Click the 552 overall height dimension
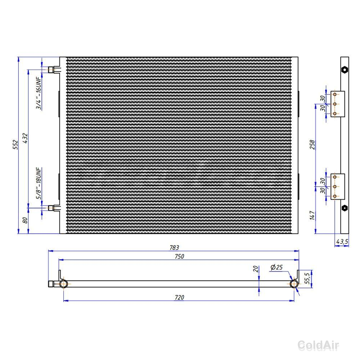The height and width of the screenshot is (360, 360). pyautogui.click(x=15, y=144)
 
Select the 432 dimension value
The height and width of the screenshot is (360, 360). pyautogui.click(x=25, y=138)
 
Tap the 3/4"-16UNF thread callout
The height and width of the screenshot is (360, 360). pyautogui.click(x=39, y=93)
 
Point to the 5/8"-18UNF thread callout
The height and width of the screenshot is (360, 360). pyautogui.click(x=39, y=183)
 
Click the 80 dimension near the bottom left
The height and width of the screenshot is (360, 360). pyautogui.click(x=25, y=220)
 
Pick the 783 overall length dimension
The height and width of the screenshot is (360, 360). pyautogui.click(x=174, y=248)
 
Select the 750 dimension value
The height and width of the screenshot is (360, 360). pyautogui.click(x=179, y=256)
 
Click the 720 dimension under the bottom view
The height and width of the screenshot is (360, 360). pyautogui.click(x=179, y=297)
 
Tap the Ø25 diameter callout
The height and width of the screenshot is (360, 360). pyautogui.click(x=276, y=267)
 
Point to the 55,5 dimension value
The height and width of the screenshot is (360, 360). pyautogui.click(x=307, y=278)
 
